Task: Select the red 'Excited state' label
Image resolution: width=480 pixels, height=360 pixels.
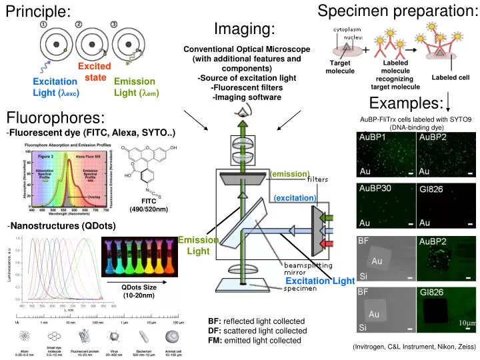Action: pyautogui.click(x=96, y=72)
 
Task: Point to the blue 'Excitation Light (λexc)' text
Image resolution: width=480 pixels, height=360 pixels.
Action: pyautogui.click(x=56, y=87)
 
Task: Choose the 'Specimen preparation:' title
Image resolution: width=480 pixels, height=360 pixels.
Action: pyautogui.click(x=397, y=11)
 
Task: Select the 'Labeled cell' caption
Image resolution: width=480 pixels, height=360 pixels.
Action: pyautogui.click(x=451, y=77)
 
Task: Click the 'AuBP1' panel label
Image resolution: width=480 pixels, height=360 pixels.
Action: pyautogui.click(x=373, y=137)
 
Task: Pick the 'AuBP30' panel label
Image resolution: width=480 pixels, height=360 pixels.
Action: pyautogui.click(x=376, y=189)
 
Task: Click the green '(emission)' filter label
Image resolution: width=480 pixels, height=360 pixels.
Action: pyautogui.click(x=291, y=174)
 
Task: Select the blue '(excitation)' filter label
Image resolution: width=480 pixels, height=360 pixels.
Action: pyautogui.click(x=294, y=198)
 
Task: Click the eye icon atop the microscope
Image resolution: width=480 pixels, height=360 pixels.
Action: pyautogui.click(x=241, y=114)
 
